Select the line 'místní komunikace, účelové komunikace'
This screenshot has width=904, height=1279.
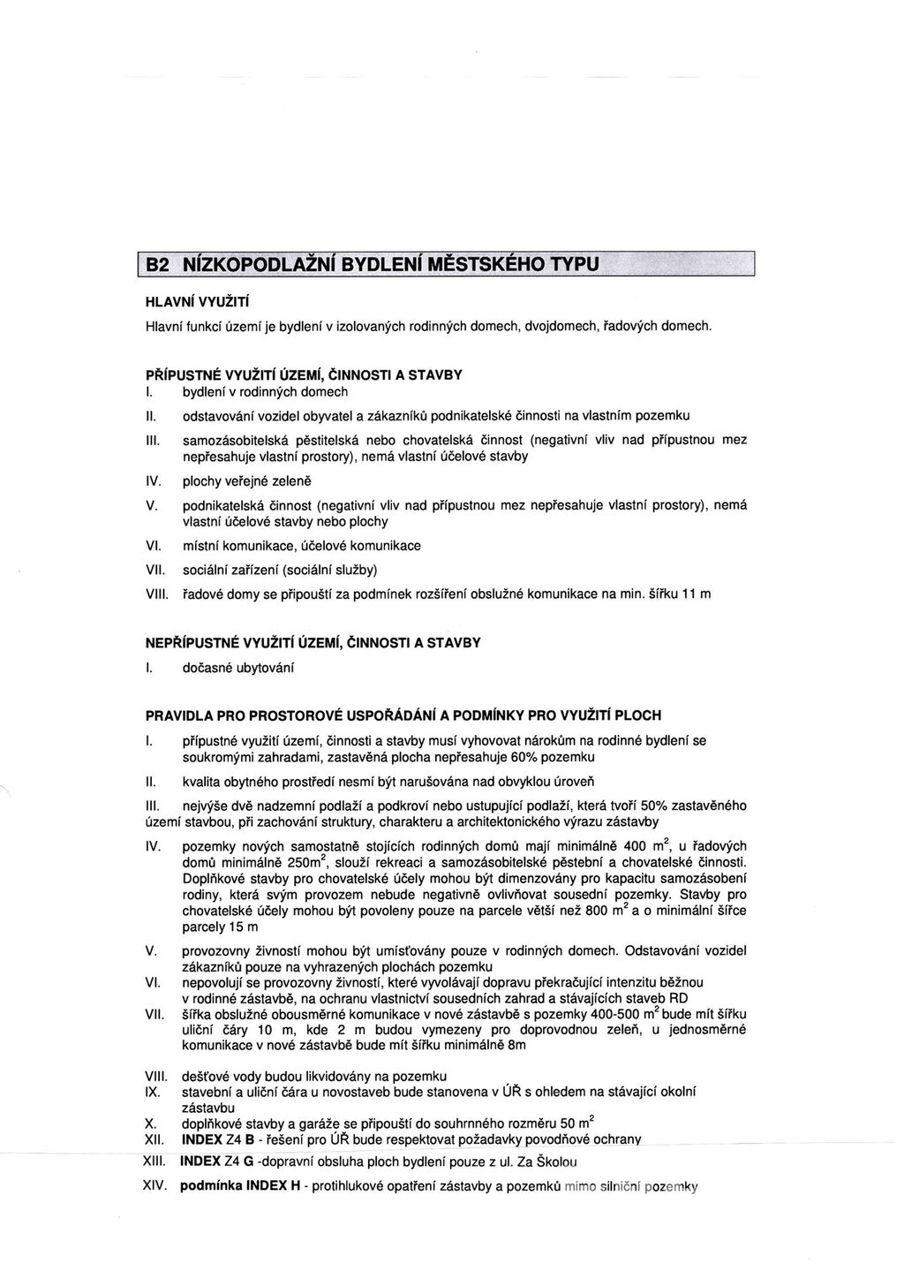tap(301, 546)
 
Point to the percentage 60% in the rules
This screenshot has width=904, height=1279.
tap(518, 757)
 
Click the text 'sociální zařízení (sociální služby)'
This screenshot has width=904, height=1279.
tap(285, 569)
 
